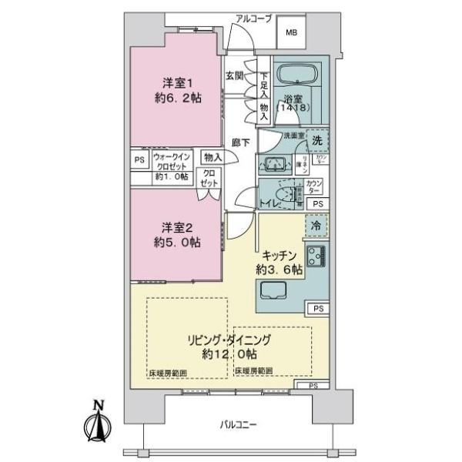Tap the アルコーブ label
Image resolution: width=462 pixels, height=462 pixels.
[254, 18]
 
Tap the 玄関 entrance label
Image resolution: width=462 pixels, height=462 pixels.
[234, 75]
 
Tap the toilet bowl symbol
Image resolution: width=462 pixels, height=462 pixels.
[287, 195]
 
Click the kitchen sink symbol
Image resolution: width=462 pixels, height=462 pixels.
[275, 290]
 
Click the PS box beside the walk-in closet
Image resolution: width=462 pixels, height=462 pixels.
[139, 160]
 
